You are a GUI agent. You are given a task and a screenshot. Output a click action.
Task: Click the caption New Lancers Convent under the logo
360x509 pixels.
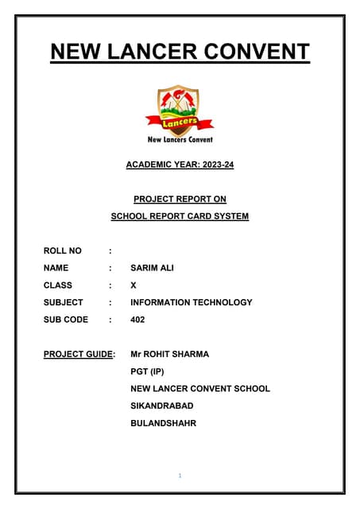179,141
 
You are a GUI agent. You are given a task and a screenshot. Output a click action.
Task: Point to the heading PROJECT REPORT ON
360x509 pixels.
179,199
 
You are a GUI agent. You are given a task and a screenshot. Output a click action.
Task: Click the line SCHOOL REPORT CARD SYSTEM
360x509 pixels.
179,216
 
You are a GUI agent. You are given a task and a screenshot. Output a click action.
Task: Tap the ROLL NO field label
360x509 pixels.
63,251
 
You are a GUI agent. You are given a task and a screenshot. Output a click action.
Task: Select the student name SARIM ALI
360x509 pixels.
152,268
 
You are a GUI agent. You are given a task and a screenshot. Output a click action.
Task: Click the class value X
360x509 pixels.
134,285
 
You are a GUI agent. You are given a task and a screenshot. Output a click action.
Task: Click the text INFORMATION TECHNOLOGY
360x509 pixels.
191,302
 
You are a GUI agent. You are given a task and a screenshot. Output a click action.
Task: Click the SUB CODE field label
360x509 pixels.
66,320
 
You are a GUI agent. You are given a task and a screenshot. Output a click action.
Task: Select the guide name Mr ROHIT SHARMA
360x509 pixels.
169,354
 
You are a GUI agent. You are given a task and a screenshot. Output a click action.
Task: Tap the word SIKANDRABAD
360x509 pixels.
161,406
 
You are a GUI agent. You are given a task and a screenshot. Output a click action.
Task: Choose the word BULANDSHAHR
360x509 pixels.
163,423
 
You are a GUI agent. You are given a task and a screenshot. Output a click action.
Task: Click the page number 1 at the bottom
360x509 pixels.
180,476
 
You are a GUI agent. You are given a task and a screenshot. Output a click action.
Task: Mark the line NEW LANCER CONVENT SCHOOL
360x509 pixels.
199,388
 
